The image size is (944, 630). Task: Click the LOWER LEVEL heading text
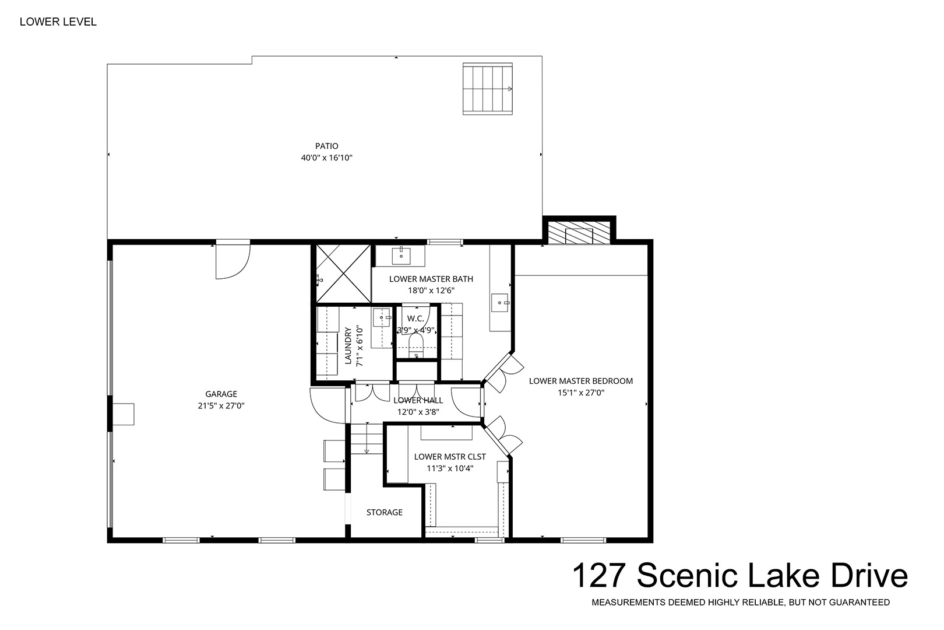point(58,22)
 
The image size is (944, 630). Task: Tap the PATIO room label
point(326,146)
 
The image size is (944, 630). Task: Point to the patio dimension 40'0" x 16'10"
point(326,158)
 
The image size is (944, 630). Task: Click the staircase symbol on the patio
point(488,89)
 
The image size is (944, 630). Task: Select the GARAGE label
point(221,394)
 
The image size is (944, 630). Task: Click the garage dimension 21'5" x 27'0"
point(221,406)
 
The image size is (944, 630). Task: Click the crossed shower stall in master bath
point(343,274)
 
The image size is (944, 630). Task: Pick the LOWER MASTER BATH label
point(431,279)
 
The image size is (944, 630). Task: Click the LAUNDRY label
point(348,345)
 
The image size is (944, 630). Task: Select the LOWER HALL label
point(418,400)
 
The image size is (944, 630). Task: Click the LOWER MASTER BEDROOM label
point(581,381)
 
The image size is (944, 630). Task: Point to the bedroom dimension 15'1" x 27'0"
point(581,393)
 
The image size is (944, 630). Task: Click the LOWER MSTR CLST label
point(450,457)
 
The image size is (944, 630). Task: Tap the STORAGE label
point(385,512)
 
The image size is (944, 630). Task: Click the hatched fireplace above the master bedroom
point(579,233)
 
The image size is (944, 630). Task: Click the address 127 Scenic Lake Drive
point(740,576)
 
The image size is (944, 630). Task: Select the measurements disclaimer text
point(741,603)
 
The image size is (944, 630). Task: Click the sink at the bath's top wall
point(401,255)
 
